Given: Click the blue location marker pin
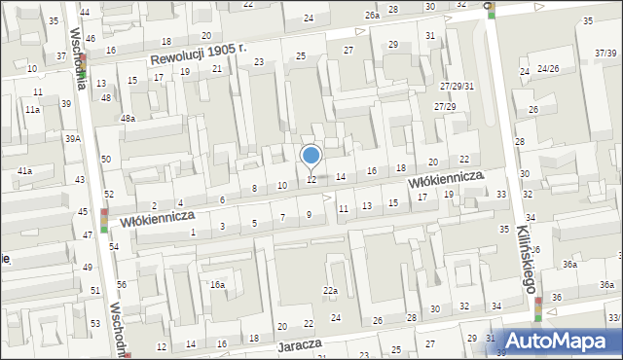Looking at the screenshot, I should [x=311, y=156].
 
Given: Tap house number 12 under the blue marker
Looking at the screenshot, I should [x=311, y=180].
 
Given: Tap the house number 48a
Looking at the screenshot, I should [x=128, y=118].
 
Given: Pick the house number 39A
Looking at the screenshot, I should [x=73, y=139].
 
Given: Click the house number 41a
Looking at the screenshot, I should [x=24, y=171].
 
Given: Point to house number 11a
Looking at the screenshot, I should [x=32, y=111].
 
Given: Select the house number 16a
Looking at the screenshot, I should [x=218, y=285].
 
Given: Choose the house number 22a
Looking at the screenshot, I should [x=331, y=291].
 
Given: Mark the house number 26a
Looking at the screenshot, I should [x=372, y=16].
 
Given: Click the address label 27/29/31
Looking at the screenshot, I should [x=456, y=87].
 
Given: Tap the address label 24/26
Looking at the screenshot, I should [x=548, y=69].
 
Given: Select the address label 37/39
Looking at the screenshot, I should [x=606, y=51].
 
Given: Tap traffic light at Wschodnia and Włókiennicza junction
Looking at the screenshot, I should [x=104, y=220].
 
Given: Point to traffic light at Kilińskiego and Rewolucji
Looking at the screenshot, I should [x=493, y=9].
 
